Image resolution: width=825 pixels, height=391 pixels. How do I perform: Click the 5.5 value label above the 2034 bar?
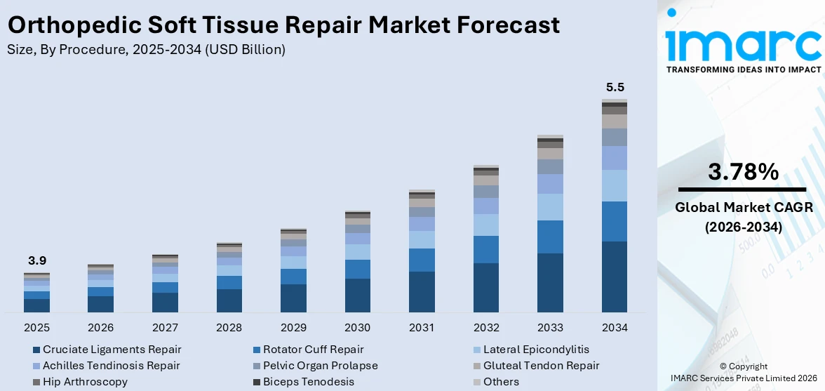615,88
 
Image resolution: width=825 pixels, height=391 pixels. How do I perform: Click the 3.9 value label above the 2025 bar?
36,260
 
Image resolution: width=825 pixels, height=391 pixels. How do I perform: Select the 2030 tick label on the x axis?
357,328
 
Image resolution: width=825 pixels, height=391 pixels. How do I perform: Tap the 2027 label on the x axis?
165,328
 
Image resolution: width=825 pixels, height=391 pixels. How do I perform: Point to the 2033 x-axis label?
550,328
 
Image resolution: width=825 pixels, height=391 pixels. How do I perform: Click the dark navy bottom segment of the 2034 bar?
615,277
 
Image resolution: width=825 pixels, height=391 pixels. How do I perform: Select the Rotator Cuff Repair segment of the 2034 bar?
615,221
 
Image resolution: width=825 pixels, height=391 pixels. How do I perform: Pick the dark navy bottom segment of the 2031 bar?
422,291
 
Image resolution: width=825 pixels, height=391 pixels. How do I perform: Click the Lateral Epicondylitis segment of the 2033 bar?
550,207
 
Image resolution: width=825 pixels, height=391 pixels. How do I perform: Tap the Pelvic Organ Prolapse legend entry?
320,366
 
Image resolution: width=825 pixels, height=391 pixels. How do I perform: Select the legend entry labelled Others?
501,382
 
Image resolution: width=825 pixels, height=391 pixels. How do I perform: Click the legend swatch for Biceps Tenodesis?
257,382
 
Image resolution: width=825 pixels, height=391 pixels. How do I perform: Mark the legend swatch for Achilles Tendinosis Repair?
36,366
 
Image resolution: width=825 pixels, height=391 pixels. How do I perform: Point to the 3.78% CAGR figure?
743,172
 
